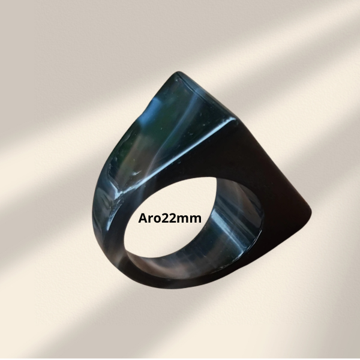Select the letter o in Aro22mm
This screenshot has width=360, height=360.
158,219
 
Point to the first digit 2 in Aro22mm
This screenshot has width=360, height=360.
166,218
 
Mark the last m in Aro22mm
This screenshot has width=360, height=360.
196,219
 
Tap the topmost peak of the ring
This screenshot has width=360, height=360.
177,73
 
